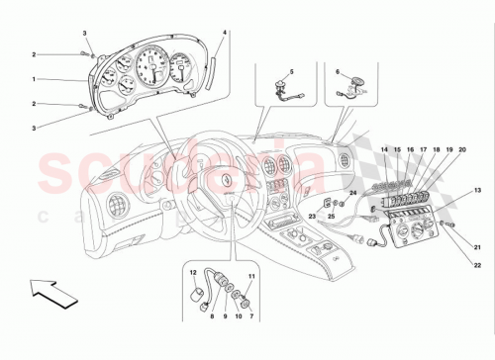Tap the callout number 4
225,34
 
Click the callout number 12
192,273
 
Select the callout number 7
251,315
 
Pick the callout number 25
333,215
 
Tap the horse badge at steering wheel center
227,180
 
